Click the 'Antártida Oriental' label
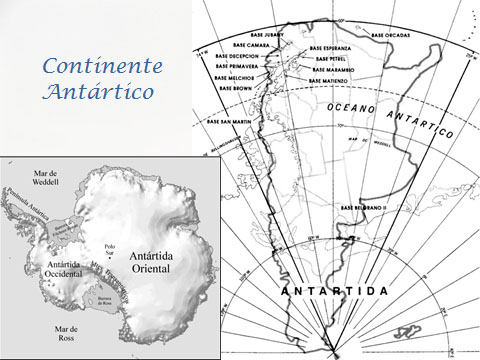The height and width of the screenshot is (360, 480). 155,263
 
